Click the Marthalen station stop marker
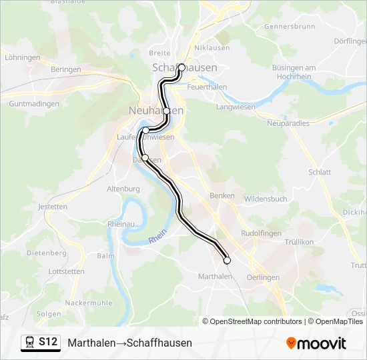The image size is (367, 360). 227,261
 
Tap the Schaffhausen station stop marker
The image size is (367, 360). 181,67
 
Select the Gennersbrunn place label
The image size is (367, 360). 289,27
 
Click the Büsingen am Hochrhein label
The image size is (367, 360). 294,72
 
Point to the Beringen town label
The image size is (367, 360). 65,69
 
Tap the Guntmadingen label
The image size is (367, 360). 34,104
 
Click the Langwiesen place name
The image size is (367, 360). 236,107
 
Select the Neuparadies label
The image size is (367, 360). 288,123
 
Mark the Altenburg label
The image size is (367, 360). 122,189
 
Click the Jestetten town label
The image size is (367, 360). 53,207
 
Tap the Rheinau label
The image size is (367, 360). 121,225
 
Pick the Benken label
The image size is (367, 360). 222,195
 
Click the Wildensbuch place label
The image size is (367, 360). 266,199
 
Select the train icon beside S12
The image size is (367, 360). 30,342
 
